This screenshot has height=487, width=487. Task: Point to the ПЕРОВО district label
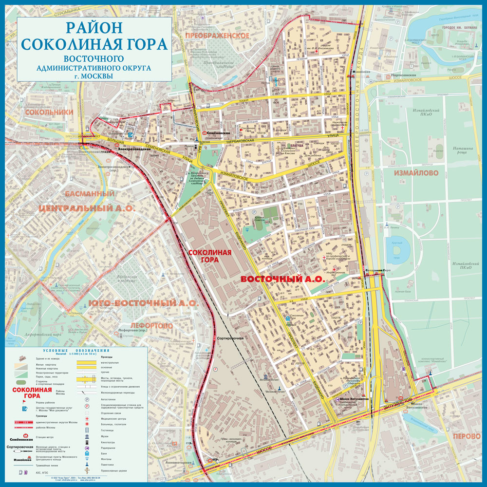coord(466,436)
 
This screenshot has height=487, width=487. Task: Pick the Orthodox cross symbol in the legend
coord(88,471)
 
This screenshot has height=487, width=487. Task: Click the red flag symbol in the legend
coord(24,402)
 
